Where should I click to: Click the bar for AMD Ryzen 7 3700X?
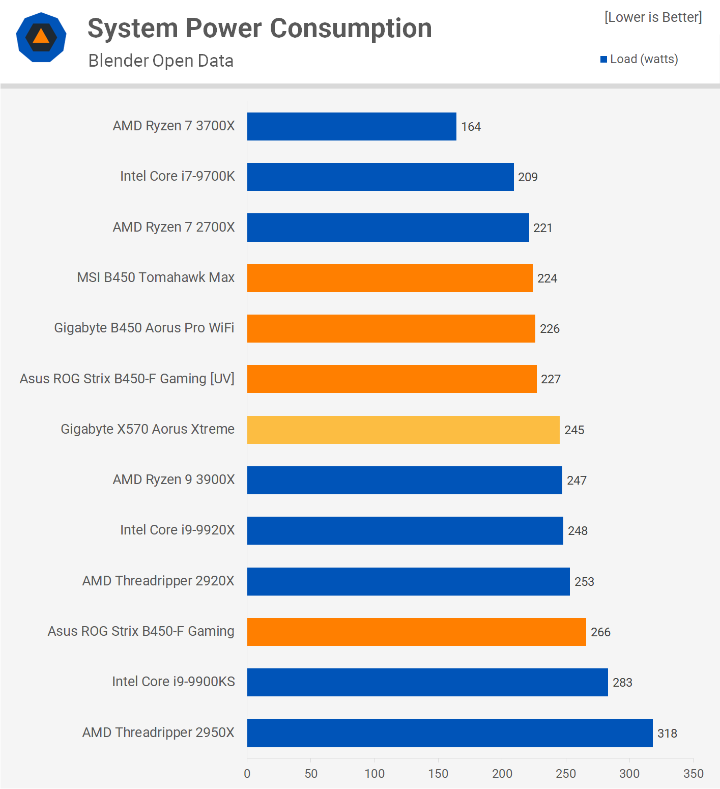click(x=352, y=126)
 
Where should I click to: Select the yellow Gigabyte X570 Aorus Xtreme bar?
click(x=403, y=430)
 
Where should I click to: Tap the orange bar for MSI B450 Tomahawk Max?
click(x=390, y=278)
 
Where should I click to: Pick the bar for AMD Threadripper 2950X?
click(x=450, y=733)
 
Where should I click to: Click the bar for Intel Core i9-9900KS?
click(x=427, y=682)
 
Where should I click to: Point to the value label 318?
click(x=667, y=734)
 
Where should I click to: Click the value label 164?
click(x=471, y=127)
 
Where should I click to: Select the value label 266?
click(x=600, y=632)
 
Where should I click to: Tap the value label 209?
click(x=528, y=177)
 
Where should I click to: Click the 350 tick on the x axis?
click(x=693, y=774)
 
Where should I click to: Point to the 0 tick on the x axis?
click(x=247, y=774)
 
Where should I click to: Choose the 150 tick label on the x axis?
click(x=438, y=774)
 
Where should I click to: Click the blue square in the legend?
click(x=603, y=60)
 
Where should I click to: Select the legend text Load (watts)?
click(x=644, y=59)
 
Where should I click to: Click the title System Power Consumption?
click(x=260, y=29)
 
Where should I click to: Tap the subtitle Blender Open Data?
click(x=161, y=61)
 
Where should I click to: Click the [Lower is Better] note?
click(x=653, y=17)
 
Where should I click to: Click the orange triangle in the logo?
click(x=41, y=36)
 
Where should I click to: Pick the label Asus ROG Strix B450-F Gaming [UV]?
click(x=127, y=379)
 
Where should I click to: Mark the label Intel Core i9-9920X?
click(x=177, y=530)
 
